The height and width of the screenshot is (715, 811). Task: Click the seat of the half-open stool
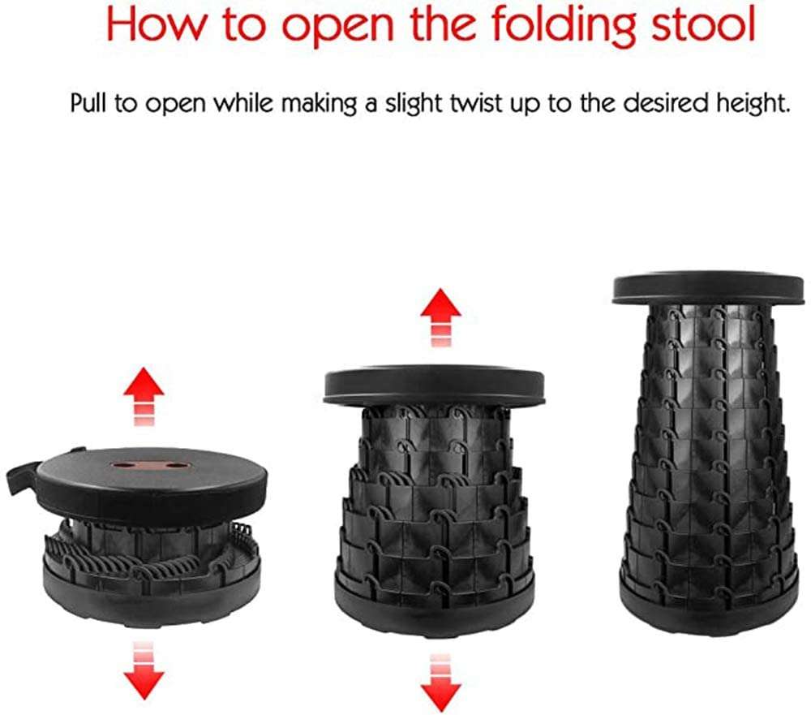coord(434,385)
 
